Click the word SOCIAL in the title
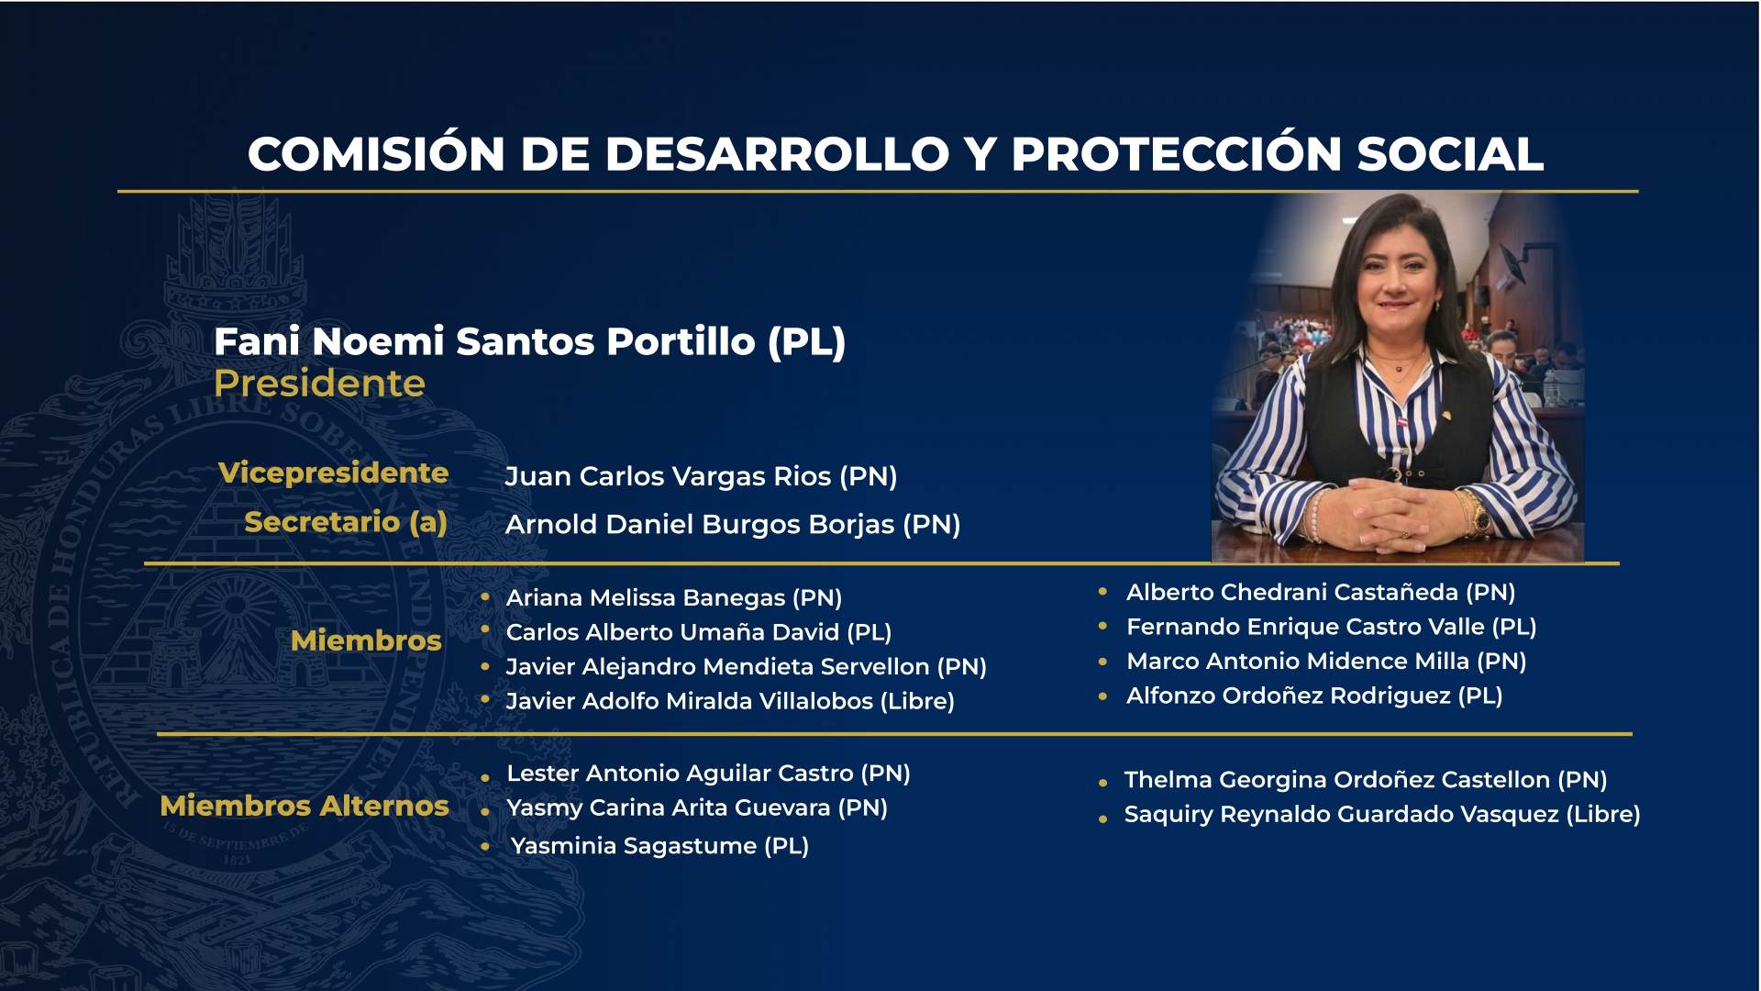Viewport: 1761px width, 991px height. tap(1450, 154)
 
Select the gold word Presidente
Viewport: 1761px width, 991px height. tap(319, 384)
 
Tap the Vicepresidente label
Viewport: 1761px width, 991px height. tap(333, 473)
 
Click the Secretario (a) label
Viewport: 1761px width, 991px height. tap(346, 522)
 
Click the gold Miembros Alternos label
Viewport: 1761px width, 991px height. tap(305, 806)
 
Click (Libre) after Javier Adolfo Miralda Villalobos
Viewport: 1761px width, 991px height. tap(917, 702)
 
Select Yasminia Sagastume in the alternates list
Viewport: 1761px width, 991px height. tap(634, 846)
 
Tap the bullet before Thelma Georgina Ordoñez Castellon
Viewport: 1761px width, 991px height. tap(1103, 783)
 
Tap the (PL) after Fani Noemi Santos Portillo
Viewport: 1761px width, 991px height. tap(807, 342)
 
